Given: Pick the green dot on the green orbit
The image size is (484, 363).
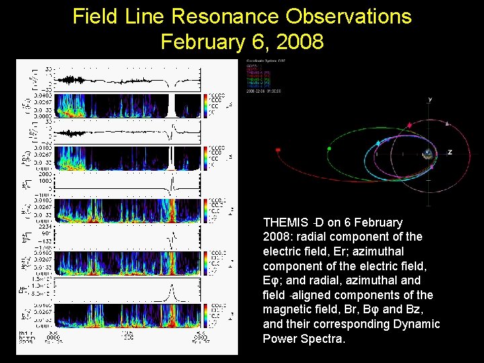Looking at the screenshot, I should pyautogui.click(x=329, y=148).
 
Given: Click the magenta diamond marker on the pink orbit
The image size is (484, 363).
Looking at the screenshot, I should pyautogui.click(x=409, y=126).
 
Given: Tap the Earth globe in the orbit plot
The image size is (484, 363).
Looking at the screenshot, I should pyautogui.click(x=428, y=154).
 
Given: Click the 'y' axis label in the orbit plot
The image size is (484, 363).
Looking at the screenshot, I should pyautogui.click(x=430, y=99).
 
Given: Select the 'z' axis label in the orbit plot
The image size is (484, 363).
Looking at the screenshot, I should pyautogui.click(x=450, y=152).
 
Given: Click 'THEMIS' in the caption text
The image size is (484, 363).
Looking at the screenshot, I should pyautogui.click(x=285, y=222).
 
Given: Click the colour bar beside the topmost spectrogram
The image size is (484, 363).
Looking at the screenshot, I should pyautogui.click(x=206, y=105).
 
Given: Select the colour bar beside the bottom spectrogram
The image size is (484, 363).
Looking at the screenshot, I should pyautogui.click(x=206, y=314).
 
